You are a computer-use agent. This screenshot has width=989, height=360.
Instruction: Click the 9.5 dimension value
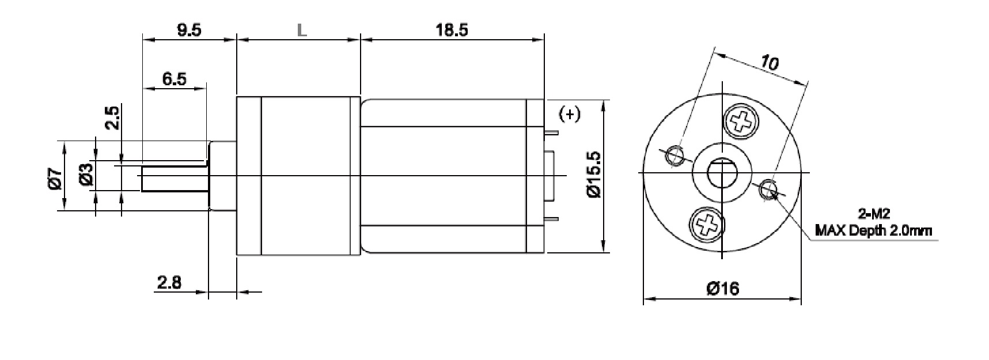tap(189, 31)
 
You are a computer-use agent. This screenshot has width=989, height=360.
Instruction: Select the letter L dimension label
tap(302, 31)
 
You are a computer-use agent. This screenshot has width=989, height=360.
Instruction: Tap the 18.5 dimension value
tap(452, 31)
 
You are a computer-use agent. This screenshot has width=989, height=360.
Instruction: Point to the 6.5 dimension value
tap(174, 79)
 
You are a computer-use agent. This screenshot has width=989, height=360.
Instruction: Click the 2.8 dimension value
tap(169, 283)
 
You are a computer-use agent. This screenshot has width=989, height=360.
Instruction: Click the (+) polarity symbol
tap(570, 114)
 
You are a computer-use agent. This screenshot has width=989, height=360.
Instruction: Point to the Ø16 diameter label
tap(722, 288)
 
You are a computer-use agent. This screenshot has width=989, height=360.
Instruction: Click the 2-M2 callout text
tap(874, 215)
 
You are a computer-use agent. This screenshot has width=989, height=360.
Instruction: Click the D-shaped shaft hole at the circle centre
tap(721, 173)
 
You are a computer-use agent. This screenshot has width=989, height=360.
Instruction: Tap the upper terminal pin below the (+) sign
tap(551, 132)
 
